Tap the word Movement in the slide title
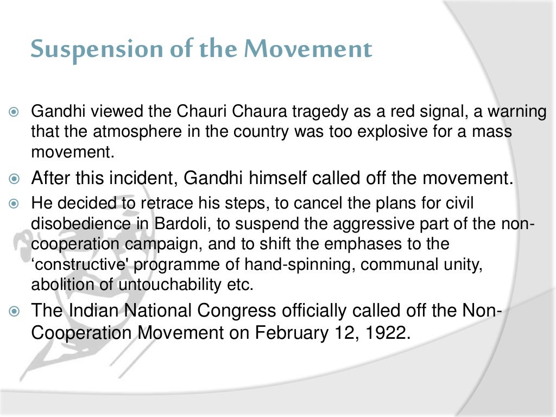pyautogui.click(x=308, y=50)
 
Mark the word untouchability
pyautogui.click(x=147, y=284)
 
